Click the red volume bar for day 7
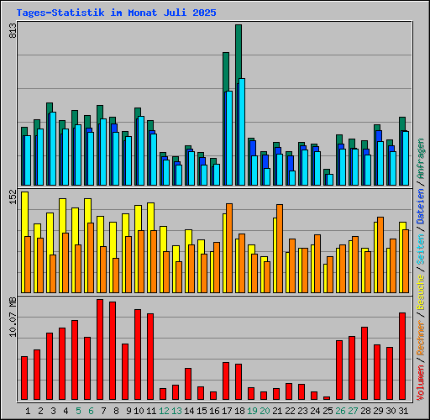click(100, 349)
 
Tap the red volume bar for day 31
click(402, 356)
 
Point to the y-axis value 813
click(13, 32)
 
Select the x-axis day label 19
click(251, 411)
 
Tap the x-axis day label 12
click(163, 411)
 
